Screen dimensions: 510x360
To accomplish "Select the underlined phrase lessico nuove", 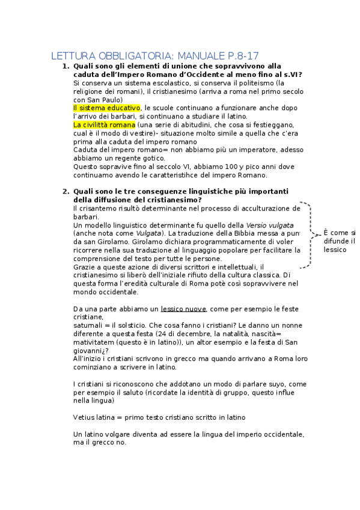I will (x=184, y=309).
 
